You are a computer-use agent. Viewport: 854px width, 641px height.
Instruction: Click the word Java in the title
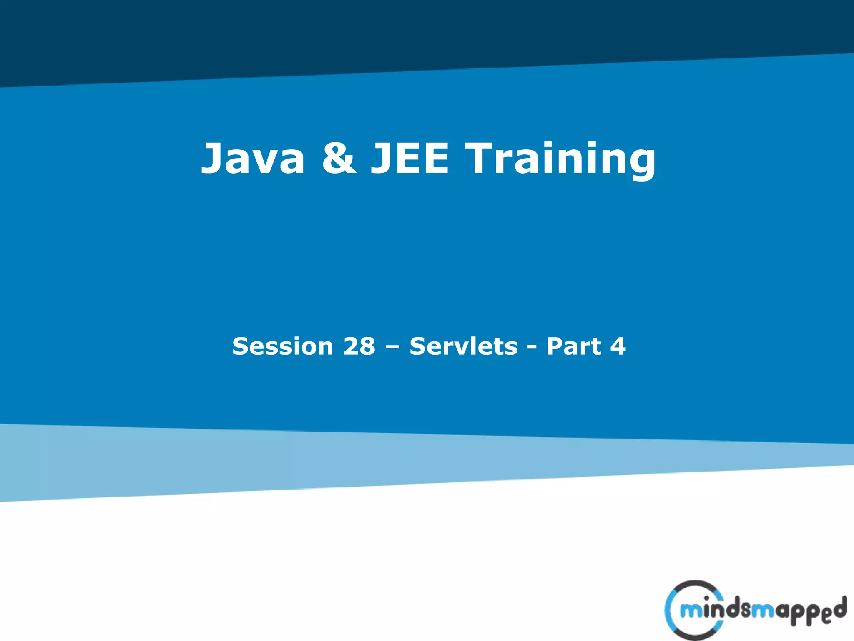253,159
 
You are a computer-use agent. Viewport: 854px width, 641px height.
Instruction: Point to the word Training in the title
561,159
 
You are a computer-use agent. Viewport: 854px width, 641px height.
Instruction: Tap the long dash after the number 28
392,347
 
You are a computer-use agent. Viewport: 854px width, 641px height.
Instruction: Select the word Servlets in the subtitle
463,346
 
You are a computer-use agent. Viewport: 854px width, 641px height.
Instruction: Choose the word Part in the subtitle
573,346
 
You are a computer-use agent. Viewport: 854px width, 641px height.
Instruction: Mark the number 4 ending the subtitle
618,346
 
